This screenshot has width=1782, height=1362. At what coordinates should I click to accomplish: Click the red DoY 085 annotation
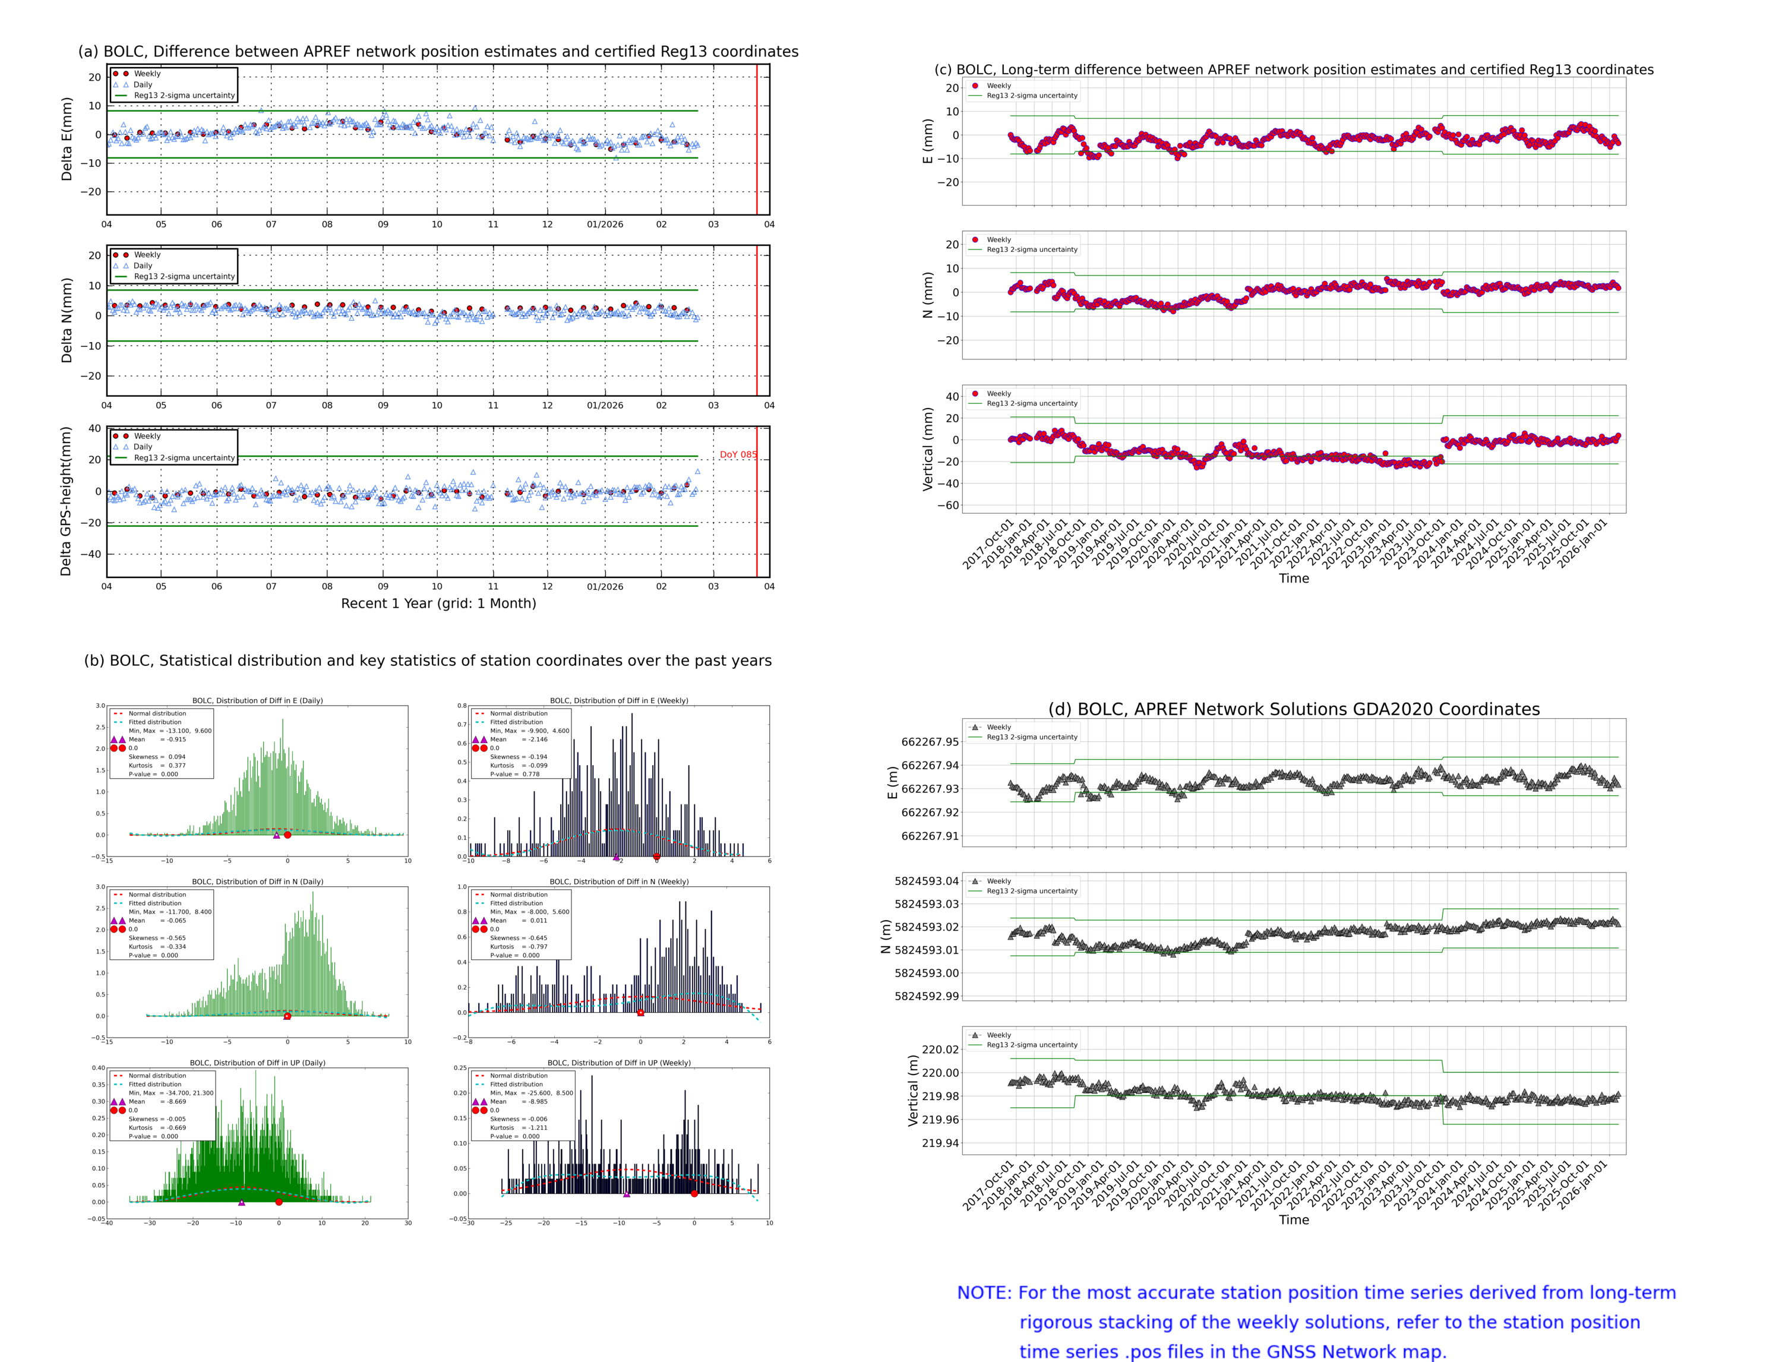coord(738,455)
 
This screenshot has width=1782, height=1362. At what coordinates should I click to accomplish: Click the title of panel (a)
coord(438,52)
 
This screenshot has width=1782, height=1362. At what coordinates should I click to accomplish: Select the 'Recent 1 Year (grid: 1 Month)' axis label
coord(438,603)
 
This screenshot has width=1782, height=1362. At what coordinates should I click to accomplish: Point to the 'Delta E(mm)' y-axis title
coord(67,138)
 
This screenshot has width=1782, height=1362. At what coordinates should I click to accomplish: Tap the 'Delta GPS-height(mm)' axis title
coord(66,501)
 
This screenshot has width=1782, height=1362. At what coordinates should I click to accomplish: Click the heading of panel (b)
coord(427,661)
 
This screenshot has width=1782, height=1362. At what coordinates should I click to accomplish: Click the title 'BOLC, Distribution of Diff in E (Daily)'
coord(257,700)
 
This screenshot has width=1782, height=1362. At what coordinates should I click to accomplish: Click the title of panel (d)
coord(1293,709)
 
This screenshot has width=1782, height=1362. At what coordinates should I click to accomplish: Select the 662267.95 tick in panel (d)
coord(929,742)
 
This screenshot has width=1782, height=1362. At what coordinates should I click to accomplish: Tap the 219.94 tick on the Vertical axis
coord(940,1143)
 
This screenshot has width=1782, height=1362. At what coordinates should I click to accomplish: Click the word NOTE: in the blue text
coord(984,1293)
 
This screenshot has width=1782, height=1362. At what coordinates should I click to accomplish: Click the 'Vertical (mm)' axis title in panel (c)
coord(927,448)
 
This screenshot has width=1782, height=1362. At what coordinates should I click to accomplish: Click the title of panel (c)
coord(1293,69)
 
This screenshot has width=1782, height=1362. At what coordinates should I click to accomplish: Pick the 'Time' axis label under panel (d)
coord(1293,1219)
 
